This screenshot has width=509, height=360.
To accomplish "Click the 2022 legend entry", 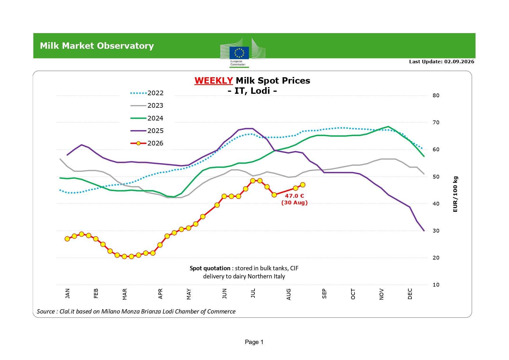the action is pos(147,93).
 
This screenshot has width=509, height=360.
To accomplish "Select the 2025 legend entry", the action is pos(147,131).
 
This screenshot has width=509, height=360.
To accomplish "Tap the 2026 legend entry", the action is pos(147,143).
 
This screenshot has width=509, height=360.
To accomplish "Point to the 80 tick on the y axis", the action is pos(436,96).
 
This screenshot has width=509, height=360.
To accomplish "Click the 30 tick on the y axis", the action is pos(436,231).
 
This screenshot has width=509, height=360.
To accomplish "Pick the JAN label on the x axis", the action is pos(67,294).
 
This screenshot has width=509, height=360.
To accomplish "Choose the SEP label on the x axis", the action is pos(324,294).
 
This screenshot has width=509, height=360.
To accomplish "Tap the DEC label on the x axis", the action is pos(410,294).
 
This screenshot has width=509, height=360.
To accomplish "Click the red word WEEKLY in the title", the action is pos(214,80).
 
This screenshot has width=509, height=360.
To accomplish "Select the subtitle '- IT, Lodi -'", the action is pos(252,91).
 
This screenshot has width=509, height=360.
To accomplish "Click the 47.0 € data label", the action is pos(294,196).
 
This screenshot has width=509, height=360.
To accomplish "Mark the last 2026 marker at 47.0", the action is pos(303,185).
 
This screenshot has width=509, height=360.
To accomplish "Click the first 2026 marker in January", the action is pos(67,239).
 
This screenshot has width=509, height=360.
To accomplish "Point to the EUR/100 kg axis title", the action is pos(455,194).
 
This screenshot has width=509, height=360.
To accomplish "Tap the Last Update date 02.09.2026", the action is pos(459,62).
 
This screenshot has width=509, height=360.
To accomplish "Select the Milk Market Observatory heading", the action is pos(97,46).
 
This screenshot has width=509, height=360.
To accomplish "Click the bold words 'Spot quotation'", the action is pos(210,268).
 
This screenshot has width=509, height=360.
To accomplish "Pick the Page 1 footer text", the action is pos(254,342).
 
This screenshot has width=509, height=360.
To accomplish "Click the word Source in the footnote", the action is pos(46,312).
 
